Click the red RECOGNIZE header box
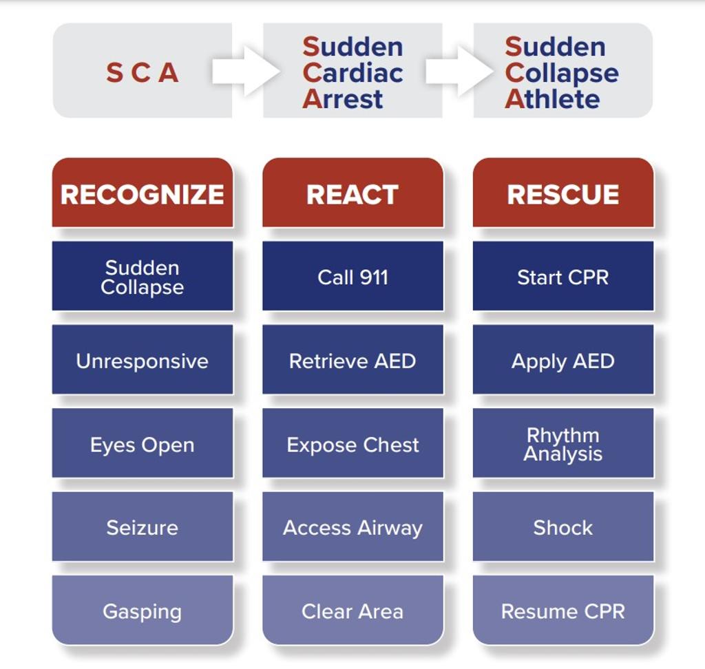[143, 193]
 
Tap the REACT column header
[352, 193]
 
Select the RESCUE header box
[562, 193]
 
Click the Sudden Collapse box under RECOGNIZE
[143, 277]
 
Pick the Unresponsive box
[143, 361]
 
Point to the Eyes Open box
[143, 444]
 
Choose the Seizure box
[143, 527]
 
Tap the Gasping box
[143, 610]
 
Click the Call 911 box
[352, 277]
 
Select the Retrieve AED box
[352, 361]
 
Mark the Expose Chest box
[352, 444]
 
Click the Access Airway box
[352, 527]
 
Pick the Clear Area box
[352, 610]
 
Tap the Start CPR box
[562, 277]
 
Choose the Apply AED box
[562, 361]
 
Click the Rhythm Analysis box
[562, 444]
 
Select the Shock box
[562, 527]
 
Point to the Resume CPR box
[562, 610]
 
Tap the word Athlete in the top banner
[552, 99]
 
